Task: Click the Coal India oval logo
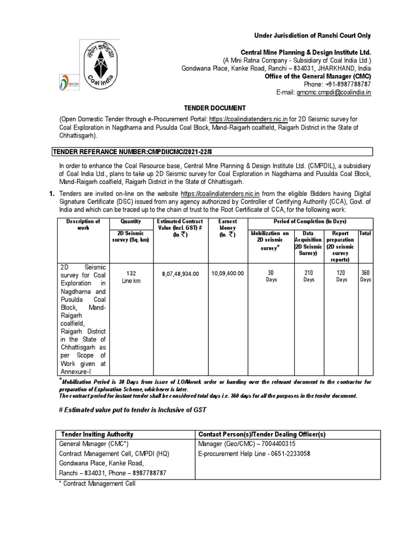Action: point(106,67)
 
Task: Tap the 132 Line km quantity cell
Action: point(128,276)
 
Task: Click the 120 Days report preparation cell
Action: point(341,276)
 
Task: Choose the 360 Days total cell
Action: point(365,276)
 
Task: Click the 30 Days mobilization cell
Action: point(270,276)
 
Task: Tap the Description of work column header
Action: point(83,225)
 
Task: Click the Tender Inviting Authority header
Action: point(97,434)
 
